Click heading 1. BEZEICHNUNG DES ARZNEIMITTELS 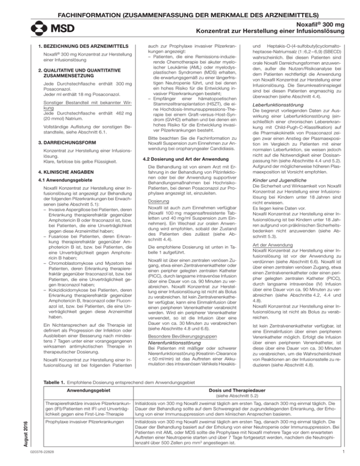pyautogui.click(x=80, y=46)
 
